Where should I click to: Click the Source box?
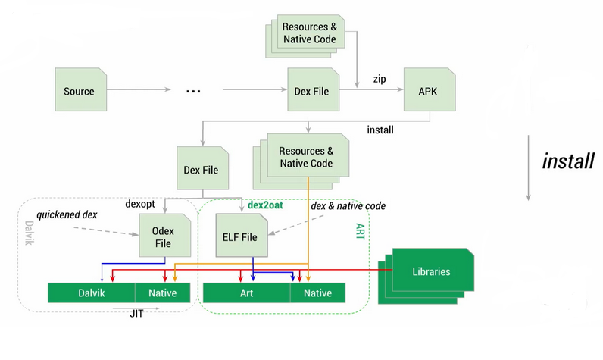(x=79, y=91)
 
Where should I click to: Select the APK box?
(x=427, y=91)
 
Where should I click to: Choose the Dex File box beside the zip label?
(x=311, y=91)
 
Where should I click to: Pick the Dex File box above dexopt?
(x=201, y=170)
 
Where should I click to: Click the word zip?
(x=380, y=78)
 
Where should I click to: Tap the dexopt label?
(x=141, y=205)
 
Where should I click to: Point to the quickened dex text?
(x=67, y=215)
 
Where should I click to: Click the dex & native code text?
(x=348, y=205)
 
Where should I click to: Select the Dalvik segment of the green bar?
(x=91, y=293)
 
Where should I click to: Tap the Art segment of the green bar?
(x=247, y=293)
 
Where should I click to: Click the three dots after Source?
(x=193, y=91)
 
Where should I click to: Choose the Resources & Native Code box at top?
(x=308, y=32)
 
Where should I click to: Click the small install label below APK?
(x=380, y=130)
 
